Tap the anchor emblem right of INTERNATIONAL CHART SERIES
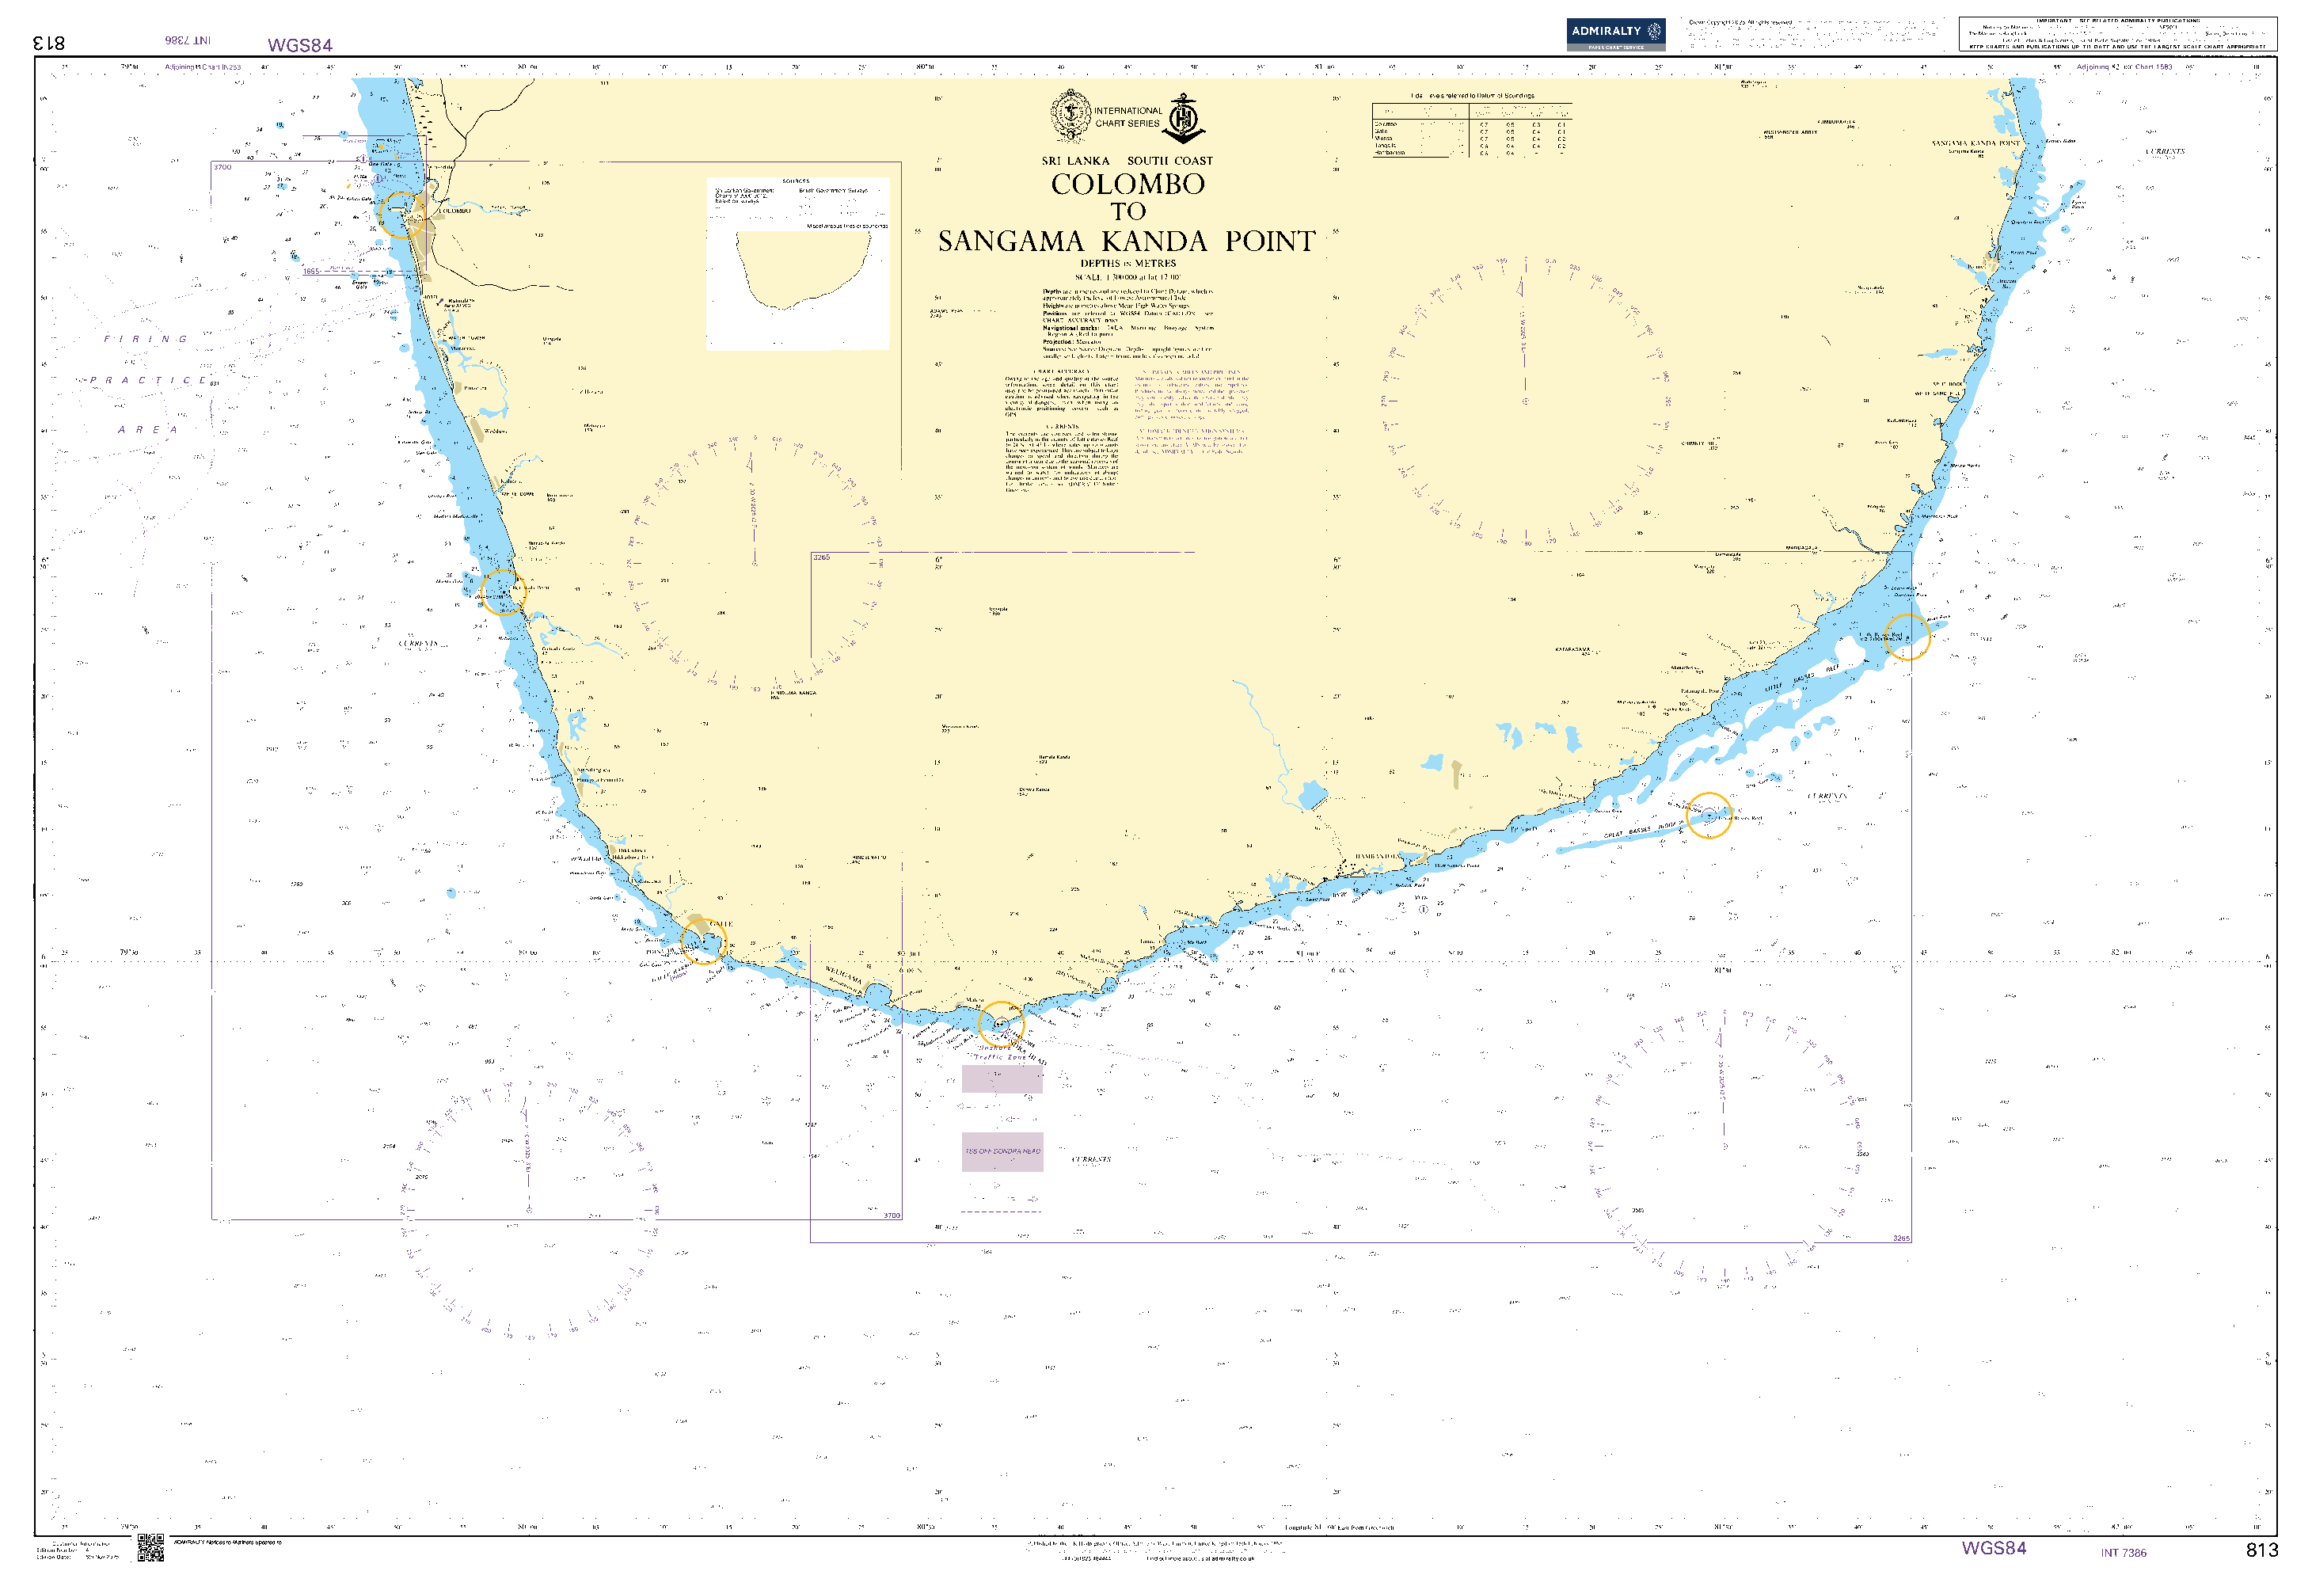1184,117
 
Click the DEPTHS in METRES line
1127,264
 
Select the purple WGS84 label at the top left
299,45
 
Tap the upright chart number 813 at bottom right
2261,1549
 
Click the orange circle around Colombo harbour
401,215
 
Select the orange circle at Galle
703,941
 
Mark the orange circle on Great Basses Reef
1708,815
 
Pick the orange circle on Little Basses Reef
1906,637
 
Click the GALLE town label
721,924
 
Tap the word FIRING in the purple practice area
146,339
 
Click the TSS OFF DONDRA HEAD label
1002,1151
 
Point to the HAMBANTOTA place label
1378,857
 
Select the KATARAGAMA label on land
1572,649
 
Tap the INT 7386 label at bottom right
2123,1552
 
